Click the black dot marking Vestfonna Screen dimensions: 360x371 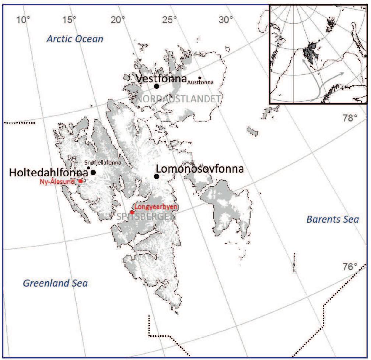point(157,86)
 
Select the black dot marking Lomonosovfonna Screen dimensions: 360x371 point(157,176)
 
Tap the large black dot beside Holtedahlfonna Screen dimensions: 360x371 point(93,172)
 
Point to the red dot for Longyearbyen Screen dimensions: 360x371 point(132,212)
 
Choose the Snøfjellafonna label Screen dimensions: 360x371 point(103,162)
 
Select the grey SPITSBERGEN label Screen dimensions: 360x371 point(146,216)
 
